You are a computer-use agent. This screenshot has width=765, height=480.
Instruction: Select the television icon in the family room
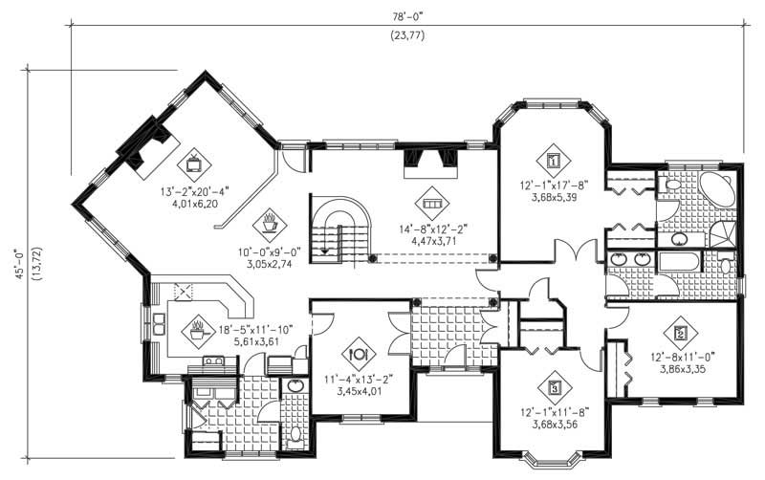(x=194, y=162)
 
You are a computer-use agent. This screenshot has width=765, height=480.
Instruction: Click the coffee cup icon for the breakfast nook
(x=269, y=225)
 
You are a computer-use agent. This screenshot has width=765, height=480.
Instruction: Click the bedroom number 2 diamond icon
(x=680, y=334)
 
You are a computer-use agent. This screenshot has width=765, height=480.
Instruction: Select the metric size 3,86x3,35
(x=680, y=366)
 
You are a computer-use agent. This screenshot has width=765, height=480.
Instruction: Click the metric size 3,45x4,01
(x=358, y=390)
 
